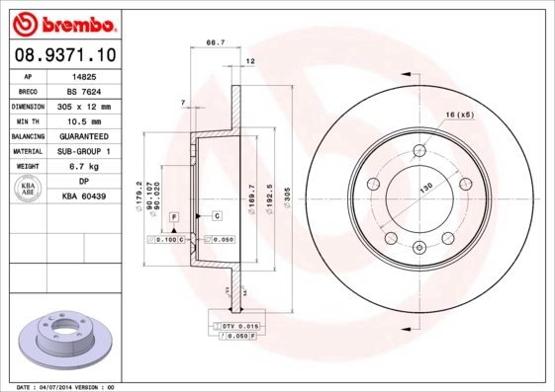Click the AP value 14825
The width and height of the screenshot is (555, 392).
click(x=84, y=75)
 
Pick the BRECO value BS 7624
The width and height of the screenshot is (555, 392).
click(x=84, y=90)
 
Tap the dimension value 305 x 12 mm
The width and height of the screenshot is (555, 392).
click(x=84, y=106)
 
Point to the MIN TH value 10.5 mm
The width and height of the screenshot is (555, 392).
click(x=84, y=120)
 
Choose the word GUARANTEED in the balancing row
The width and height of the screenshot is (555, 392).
click(x=84, y=136)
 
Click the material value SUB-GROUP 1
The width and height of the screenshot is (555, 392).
click(x=84, y=151)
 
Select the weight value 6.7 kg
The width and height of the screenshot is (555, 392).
click(x=84, y=167)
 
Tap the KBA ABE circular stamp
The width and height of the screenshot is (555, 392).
click(x=30, y=190)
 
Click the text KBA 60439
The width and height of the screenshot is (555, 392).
click(x=84, y=197)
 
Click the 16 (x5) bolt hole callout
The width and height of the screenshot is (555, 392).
click(x=461, y=117)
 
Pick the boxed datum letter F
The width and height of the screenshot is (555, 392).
click(x=174, y=215)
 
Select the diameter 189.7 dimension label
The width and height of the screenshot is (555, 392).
click(x=252, y=193)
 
